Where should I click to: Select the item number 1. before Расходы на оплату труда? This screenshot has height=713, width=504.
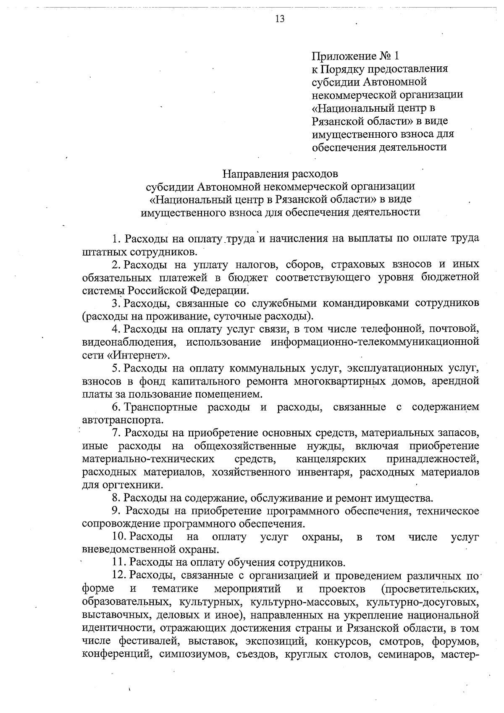point(116,239)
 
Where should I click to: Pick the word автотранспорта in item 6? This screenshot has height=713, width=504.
point(122,420)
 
